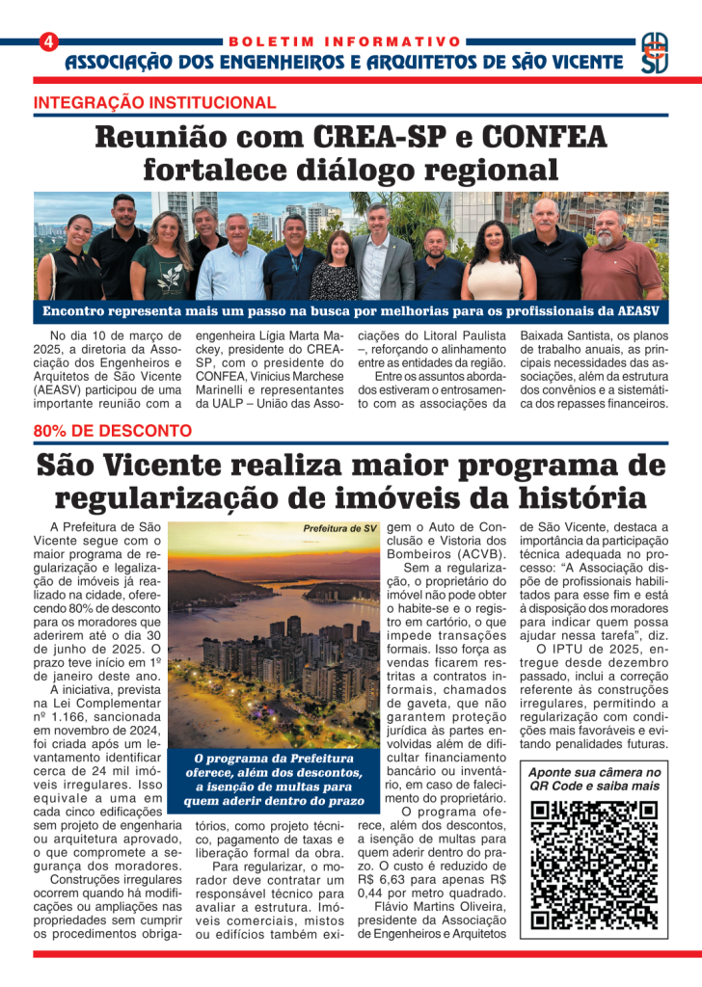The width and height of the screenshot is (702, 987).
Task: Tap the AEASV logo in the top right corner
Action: (x=654, y=54)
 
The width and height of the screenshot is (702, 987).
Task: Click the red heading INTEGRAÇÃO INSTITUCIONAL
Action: (x=154, y=103)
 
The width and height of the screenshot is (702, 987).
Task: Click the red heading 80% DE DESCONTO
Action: (x=112, y=431)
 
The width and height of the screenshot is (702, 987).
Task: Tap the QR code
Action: (x=594, y=865)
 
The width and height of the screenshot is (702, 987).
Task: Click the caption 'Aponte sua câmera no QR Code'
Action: (x=594, y=781)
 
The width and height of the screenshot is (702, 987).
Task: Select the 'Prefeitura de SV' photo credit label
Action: (x=339, y=529)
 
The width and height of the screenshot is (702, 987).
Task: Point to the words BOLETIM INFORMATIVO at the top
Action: (x=344, y=41)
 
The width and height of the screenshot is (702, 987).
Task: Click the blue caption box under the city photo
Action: (x=274, y=780)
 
